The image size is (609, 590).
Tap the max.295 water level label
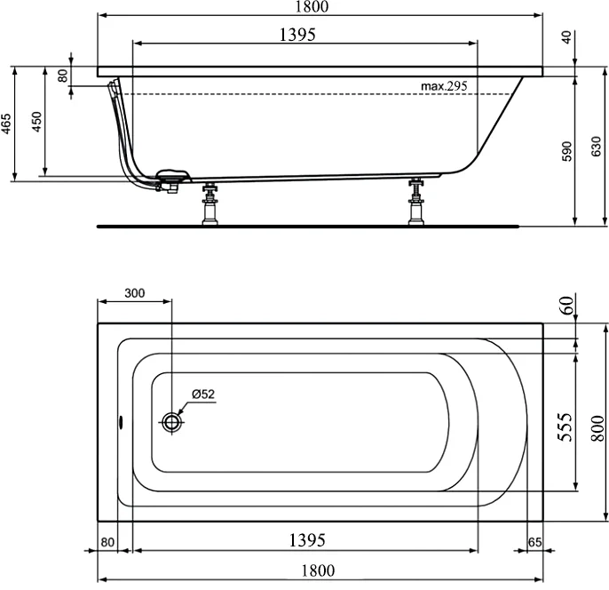(444, 86)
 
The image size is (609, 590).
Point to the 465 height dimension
(7, 123)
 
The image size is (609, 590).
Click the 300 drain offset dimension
(134, 293)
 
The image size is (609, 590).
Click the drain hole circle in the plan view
(173, 421)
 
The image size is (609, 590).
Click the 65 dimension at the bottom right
(535, 541)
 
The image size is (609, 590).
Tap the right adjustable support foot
(415, 204)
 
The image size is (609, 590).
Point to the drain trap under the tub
(170, 180)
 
